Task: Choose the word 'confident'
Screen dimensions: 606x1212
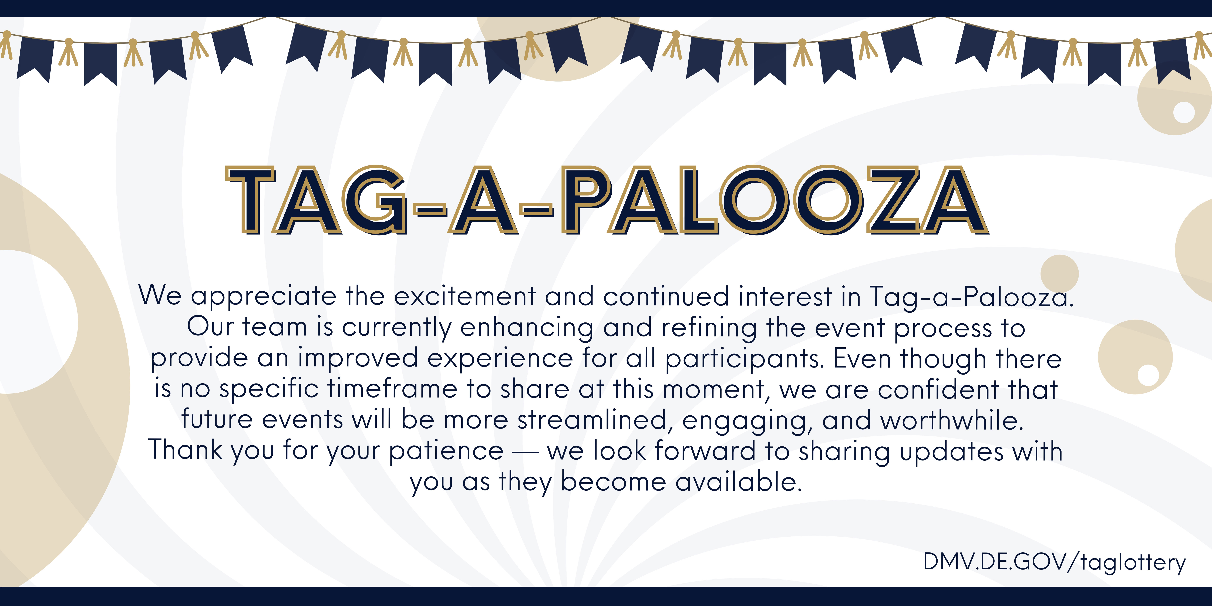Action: tap(939, 390)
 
